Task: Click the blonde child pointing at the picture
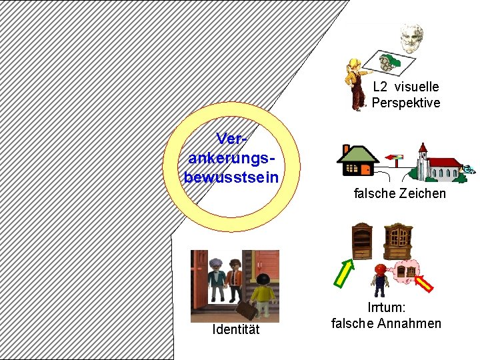[356, 83]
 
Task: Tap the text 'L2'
[380, 87]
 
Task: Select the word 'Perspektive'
[406, 103]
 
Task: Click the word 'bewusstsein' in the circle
[231, 178]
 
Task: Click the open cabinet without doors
[362, 240]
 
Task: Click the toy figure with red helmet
[380, 279]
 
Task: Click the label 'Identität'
[235, 330]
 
